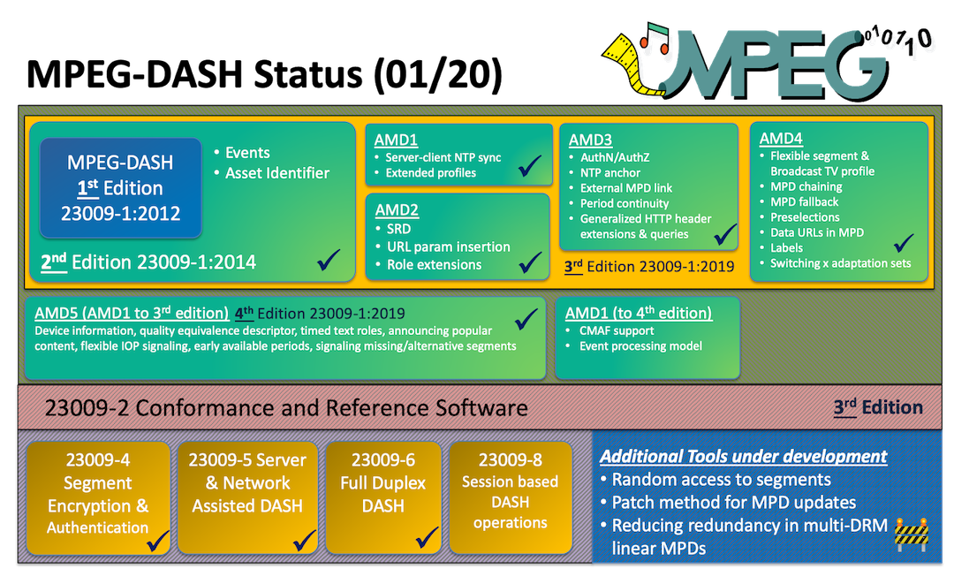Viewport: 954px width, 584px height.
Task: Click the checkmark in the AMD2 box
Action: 530,262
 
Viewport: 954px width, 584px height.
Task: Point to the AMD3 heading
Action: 589,140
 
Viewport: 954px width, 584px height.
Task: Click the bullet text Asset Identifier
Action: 277,173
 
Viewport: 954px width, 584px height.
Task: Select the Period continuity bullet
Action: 624,203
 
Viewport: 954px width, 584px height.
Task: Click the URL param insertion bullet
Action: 448,246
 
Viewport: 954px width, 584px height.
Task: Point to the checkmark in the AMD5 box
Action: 526,318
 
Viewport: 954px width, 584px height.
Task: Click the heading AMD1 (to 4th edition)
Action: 639,313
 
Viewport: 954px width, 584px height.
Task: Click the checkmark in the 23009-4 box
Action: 158,540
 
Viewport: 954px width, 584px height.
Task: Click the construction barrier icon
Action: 911,533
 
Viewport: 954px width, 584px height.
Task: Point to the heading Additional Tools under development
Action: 743,456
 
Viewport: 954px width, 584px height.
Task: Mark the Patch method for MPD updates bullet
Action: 734,502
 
